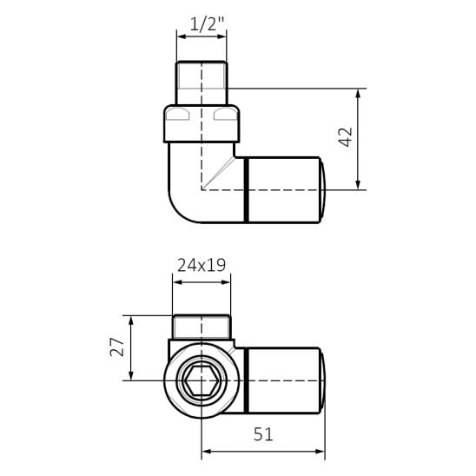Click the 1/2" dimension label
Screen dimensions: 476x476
(207, 24)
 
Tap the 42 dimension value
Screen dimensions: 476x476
(346, 137)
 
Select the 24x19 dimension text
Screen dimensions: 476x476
(202, 265)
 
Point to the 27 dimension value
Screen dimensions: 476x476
(117, 347)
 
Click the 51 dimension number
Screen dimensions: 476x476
(263, 433)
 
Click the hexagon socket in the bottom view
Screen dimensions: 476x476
(202, 380)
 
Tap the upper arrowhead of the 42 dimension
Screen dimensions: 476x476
(358, 94)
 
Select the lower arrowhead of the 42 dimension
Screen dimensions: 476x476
(358, 184)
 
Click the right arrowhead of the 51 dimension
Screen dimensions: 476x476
(320, 452)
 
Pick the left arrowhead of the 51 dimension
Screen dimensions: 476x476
(207, 452)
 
